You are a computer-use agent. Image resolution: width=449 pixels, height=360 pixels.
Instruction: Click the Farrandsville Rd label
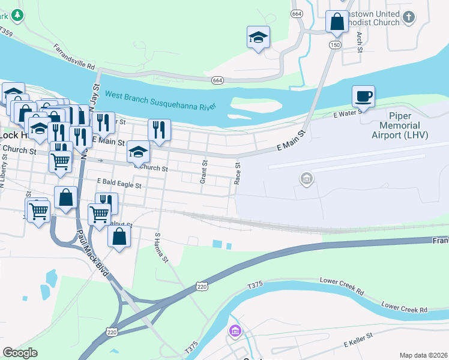(74, 56)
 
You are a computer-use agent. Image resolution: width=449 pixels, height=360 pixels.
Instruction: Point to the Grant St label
(204, 171)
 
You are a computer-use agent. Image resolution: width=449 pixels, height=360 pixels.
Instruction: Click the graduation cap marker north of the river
(258, 37)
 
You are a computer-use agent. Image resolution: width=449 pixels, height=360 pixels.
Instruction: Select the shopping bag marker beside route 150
(337, 22)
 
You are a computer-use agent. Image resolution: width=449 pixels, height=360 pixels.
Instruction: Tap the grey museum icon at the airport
(306, 178)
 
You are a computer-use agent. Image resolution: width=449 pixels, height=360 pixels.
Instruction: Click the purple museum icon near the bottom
(234, 331)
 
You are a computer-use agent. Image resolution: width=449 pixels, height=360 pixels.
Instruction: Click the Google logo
(20, 353)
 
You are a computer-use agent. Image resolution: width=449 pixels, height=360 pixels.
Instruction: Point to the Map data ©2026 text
(423, 355)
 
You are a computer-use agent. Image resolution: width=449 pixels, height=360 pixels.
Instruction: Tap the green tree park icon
(18, 14)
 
